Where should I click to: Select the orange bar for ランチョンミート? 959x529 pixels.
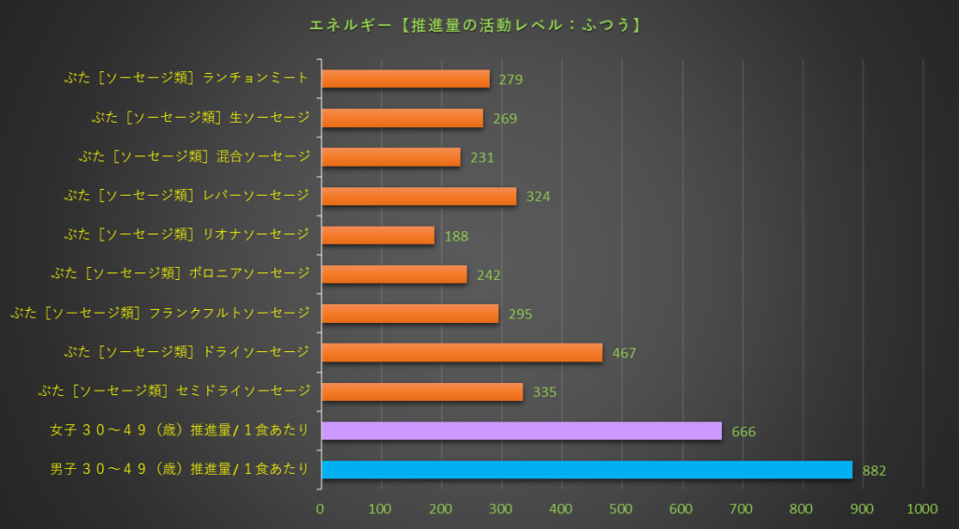(x=405, y=79)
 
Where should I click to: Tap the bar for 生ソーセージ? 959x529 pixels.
(x=402, y=118)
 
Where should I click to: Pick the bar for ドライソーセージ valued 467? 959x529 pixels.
(x=462, y=352)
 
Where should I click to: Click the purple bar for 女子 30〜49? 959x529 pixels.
(x=522, y=431)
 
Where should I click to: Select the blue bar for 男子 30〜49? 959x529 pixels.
(x=586, y=469)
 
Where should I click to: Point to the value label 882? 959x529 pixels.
(x=874, y=471)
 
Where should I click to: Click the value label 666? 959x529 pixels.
(x=744, y=432)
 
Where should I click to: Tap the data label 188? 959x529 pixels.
(x=456, y=236)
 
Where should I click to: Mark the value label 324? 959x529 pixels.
(x=538, y=197)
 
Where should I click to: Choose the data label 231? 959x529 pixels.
(x=481, y=158)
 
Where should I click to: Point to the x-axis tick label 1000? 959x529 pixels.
(x=922, y=508)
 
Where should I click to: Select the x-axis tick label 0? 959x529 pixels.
(x=320, y=508)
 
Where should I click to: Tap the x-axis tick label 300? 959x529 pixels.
(x=501, y=508)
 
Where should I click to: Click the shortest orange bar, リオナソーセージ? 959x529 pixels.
(x=377, y=235)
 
